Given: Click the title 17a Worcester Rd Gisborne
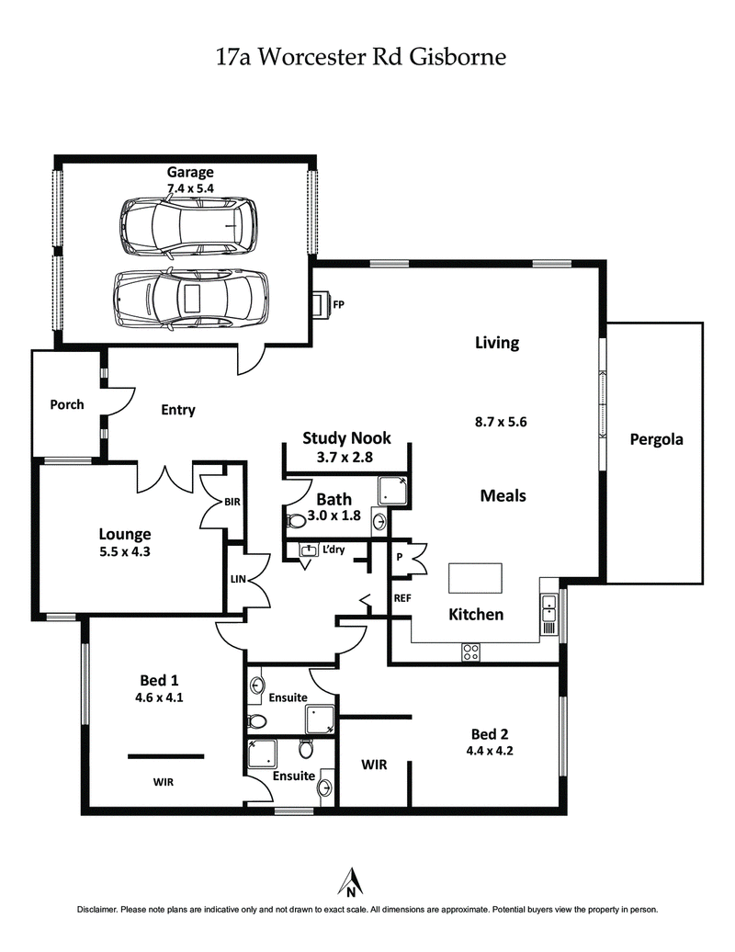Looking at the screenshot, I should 360,57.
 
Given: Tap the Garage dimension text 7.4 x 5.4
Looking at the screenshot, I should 190,188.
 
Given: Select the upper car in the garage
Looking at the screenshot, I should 187,225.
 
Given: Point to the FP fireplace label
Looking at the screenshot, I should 338,303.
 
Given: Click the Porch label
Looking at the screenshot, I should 67,404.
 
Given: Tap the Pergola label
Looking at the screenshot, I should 656,439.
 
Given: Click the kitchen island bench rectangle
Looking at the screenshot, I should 475,579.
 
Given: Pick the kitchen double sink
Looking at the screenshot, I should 548,609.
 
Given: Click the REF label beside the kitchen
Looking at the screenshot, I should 401,598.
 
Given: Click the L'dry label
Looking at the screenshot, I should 333,550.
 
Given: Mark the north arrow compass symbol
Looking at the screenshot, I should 350,881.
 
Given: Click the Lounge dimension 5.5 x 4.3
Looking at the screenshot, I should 124,552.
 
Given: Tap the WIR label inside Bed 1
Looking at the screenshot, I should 164,782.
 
